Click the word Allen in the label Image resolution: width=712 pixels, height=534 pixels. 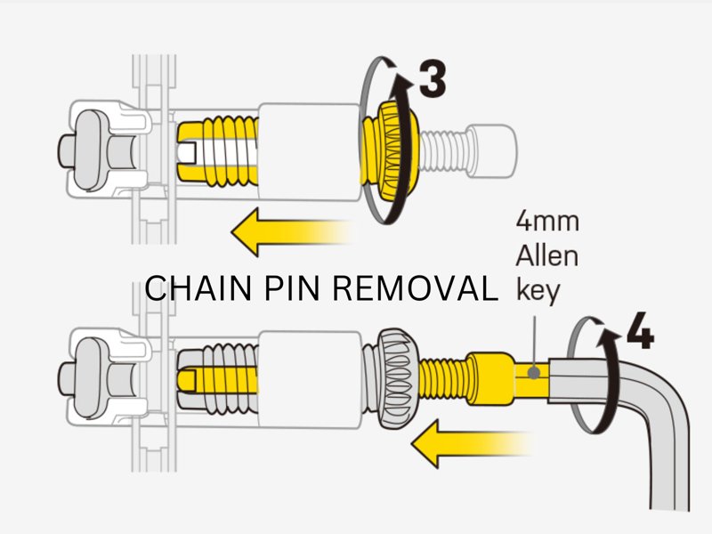[x=546, y=256]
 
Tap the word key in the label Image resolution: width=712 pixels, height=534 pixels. [x=537, y=292]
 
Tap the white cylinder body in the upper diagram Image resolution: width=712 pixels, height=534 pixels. [x=308, y=146]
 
